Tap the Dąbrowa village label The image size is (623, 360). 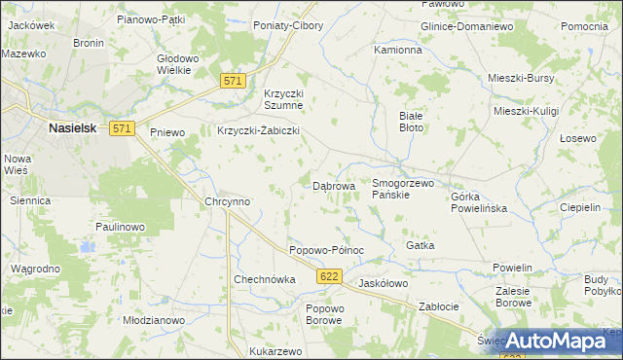pos(333,185)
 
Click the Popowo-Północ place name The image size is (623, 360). pos(326,250)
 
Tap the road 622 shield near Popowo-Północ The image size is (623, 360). pos(328,278)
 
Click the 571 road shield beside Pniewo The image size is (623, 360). pos(122,128)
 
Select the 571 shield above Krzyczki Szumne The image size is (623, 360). pos(231,84)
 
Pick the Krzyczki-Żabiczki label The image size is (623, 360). pos(257,130)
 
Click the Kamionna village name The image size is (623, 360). pos(398,49)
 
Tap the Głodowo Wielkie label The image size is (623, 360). pos(178,64)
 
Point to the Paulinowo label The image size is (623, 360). pos(120,227)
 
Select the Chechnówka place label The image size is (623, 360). pos(264,279)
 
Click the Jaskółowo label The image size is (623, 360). pos(383,283)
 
